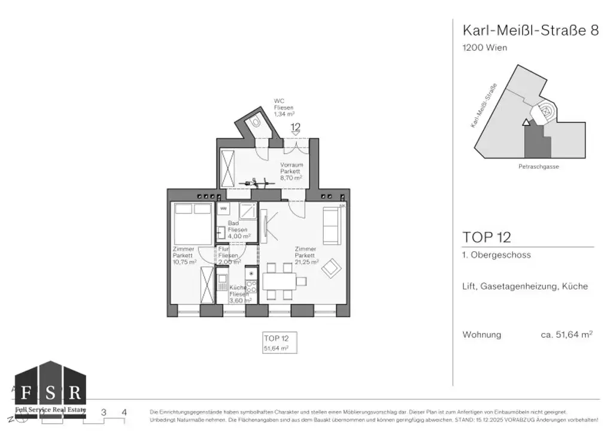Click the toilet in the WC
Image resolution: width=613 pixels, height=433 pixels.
pos(256,121)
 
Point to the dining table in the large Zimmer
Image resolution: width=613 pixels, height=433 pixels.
pos(279,280)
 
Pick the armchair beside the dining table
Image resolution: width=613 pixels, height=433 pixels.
pos(331,270)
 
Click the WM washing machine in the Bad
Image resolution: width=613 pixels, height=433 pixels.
pos(223,208)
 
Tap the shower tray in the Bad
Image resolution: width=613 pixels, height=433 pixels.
pos(248,212)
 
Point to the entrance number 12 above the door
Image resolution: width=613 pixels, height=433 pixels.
pos(295,127)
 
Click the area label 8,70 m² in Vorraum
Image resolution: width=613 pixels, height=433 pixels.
pos(292,178)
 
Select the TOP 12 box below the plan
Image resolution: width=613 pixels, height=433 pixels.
pos(279,343)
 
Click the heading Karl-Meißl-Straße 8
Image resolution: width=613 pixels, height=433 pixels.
pos(530,31)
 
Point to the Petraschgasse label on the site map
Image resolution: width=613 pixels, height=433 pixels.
pos(539,167)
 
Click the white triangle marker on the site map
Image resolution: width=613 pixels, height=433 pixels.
pos(526,123)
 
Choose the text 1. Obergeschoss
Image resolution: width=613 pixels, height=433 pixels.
pos(496,255)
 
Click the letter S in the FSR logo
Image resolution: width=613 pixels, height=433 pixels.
pos(50,393)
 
